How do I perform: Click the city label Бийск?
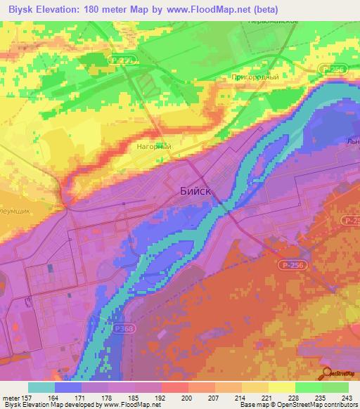(x=192, y=190)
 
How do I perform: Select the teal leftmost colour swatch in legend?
(x=41, y=387)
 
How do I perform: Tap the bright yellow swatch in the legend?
(x=282, y=387)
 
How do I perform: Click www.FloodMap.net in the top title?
(x=210, y=10)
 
